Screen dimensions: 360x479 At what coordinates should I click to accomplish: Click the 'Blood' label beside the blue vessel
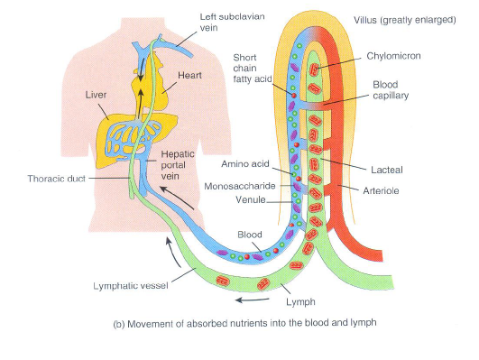click(x=249, y=233)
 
